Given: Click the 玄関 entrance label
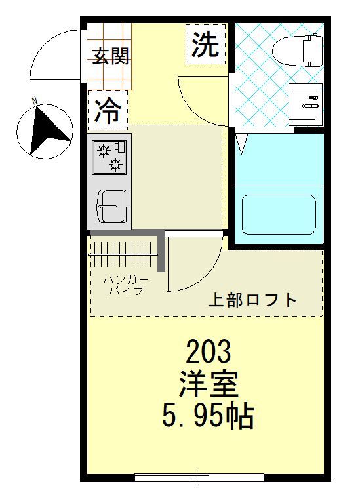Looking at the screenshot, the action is coord(111,56).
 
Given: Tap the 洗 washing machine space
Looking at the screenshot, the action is coord(205,44).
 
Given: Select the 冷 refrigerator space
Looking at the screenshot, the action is coord(108,111).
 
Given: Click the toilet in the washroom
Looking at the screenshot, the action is coord(297,50).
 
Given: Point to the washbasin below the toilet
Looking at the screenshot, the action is coord(306,104).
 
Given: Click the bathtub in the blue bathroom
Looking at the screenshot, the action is coord(279,215).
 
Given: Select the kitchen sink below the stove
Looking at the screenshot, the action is coord(113,207).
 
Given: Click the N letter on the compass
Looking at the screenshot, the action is coord(35,100).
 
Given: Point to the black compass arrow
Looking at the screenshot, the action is coord(48,131).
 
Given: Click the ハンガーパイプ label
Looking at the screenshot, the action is coord(125,285).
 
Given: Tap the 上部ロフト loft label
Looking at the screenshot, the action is coord(252,300).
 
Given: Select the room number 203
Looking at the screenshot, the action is coord(209,351).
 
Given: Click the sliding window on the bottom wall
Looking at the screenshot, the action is coord(199,477).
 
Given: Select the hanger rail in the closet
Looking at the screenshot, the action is coord(123,254).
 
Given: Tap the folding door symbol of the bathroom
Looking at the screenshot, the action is coord(242,143).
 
